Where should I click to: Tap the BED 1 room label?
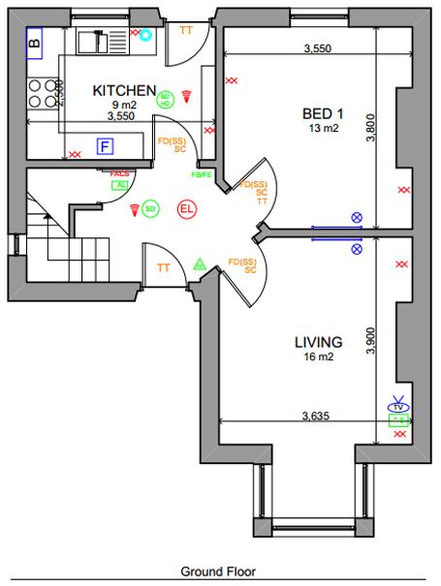(x=323, y=111)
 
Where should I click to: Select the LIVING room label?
(x=318, y=342)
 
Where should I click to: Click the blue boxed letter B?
(x=35, y=41)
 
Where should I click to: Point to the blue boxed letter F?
(x=105, y=146)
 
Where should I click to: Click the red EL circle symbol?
(x=187, y=207)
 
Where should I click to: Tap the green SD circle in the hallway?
(x=150, y=207)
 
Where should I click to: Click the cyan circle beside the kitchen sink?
(x=145, y=36)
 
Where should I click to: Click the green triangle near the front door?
(x=200, y=262)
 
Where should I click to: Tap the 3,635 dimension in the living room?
(x=316, y=416)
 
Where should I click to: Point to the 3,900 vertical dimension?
(x=370, y=340)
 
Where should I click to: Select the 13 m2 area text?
(x=322, y=127)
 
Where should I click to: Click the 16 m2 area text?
(x=317, y=357)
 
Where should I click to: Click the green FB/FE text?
(x=202, y=174)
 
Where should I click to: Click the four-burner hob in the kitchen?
(x=40, y=92)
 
